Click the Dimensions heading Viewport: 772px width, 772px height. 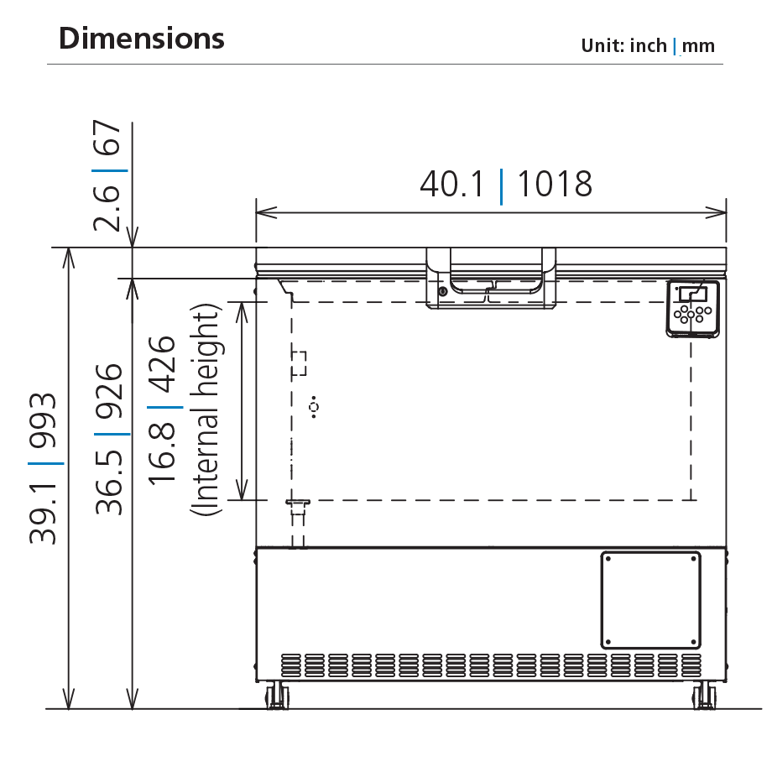tap(142, 39)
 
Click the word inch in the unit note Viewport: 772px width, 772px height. tap(649, 46)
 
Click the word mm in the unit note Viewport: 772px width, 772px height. tap(698, 46)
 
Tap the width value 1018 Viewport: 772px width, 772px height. tap(554, 184)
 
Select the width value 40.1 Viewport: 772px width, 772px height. tap(453, 184)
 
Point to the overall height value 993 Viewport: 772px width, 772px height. tap(44, 420)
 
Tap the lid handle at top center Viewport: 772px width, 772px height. tap(492, 277)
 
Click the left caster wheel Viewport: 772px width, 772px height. tap(276, 696)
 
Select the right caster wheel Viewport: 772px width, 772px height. tap(705, 696)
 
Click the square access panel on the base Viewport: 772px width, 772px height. tap(650, 600)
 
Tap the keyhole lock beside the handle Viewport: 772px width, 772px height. tap(442, 292)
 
